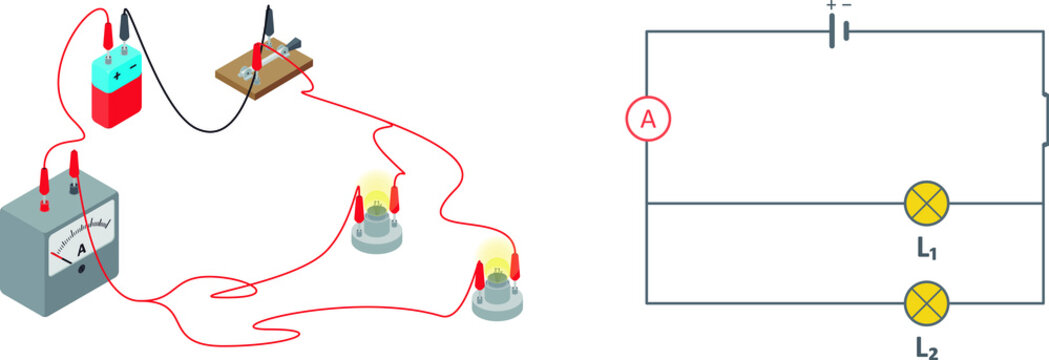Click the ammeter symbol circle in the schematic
tap(648, 120)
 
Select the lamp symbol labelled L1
tap(925, 203)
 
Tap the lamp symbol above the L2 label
tap(925, 303)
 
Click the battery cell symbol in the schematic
tap(838, 32)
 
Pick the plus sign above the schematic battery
tap(830, 6)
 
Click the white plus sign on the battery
tap(117, 75)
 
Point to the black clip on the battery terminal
tap(124, 25)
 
